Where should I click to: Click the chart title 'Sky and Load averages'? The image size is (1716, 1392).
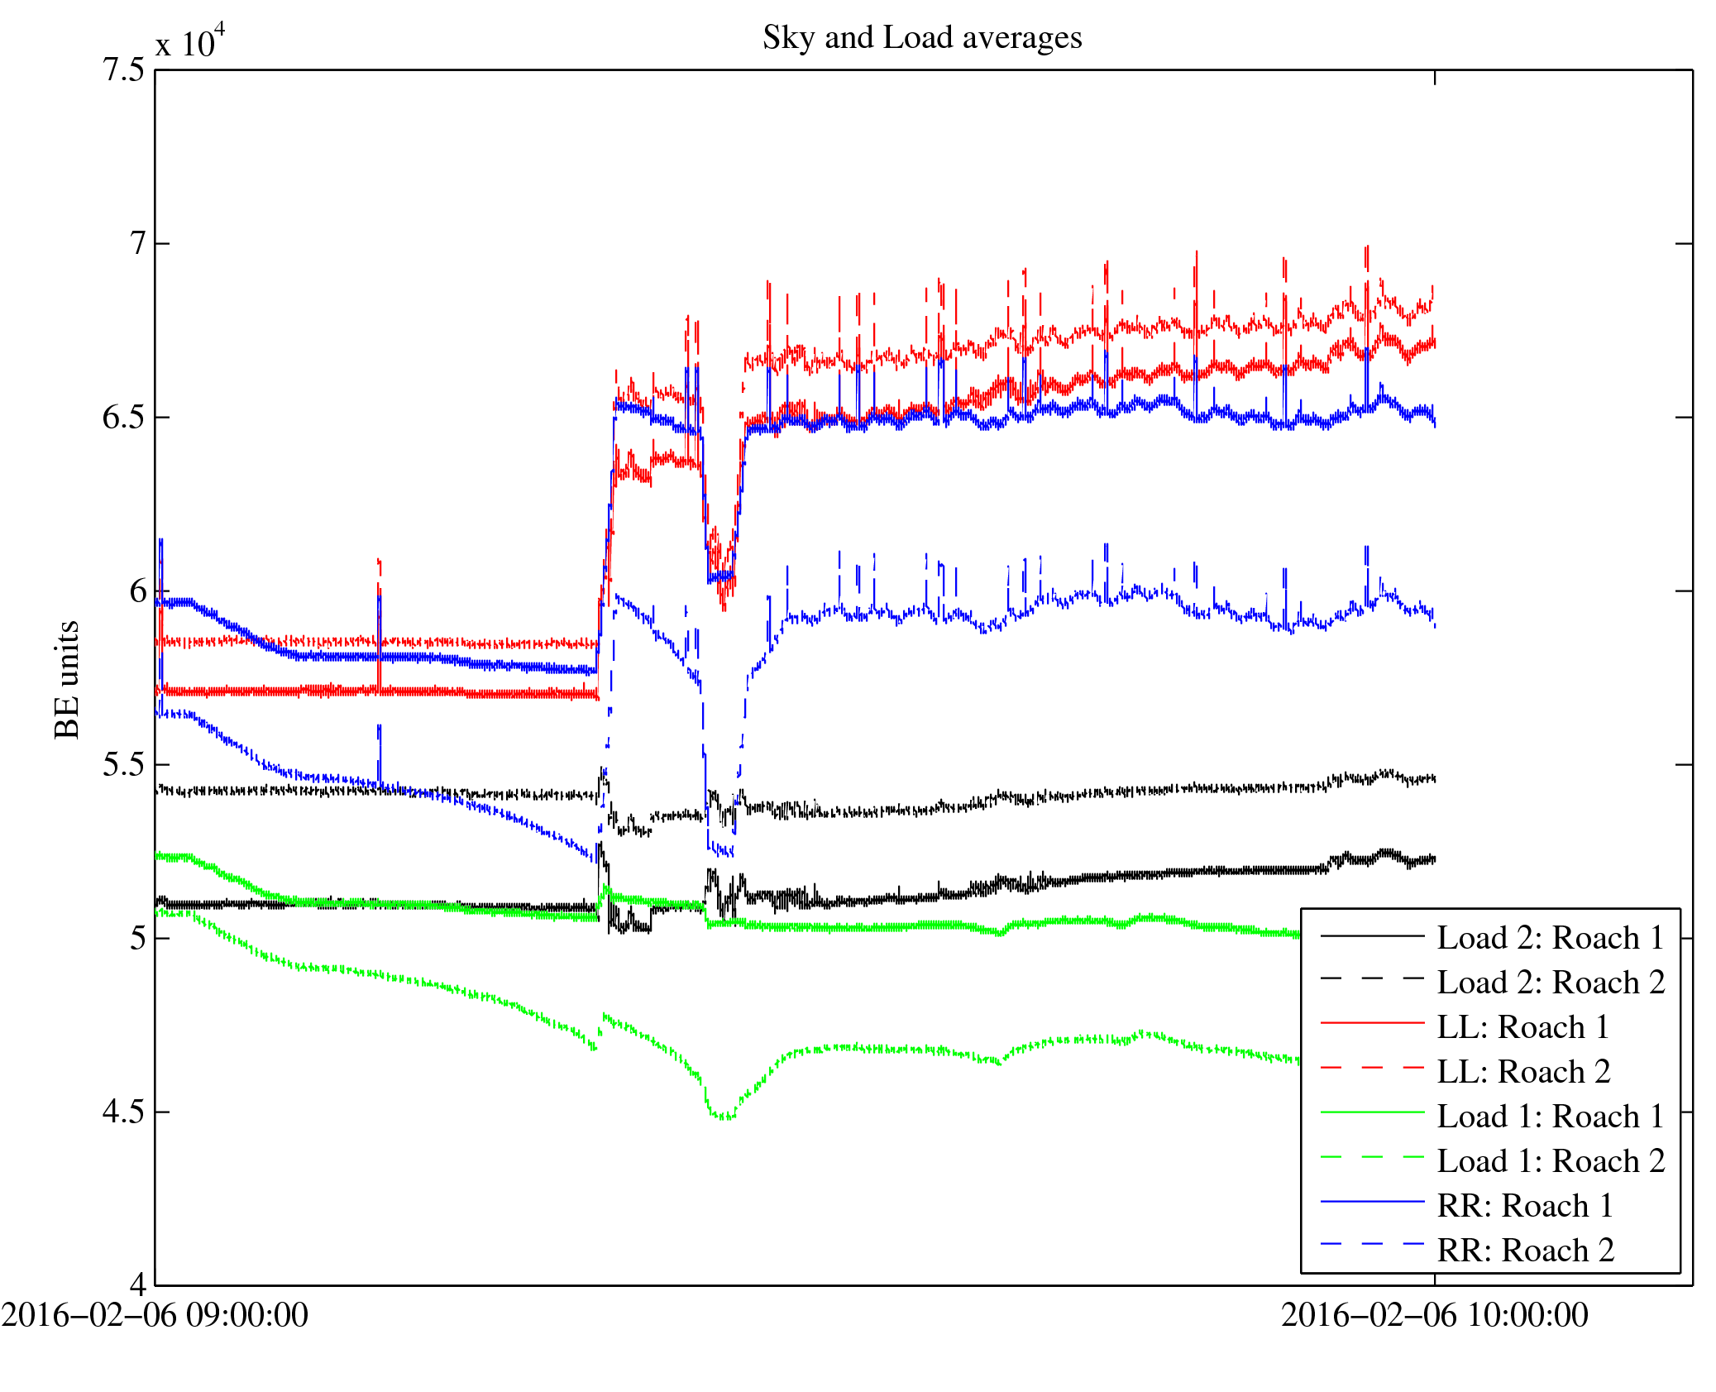click(x=921, y=38)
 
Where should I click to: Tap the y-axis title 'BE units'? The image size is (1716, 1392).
click(x=67, y=679)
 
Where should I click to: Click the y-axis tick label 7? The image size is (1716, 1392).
click(x=137, y=244)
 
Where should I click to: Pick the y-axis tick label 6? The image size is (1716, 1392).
click(x=137, y=591)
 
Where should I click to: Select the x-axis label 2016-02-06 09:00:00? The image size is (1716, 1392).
click(x=155, y=1315)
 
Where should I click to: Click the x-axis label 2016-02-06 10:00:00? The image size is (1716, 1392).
click(x=1434, y=1315)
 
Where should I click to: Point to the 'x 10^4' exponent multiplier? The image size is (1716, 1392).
click(x=189, y=41)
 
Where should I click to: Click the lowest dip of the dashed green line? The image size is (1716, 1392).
click(x=724, y=1117)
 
